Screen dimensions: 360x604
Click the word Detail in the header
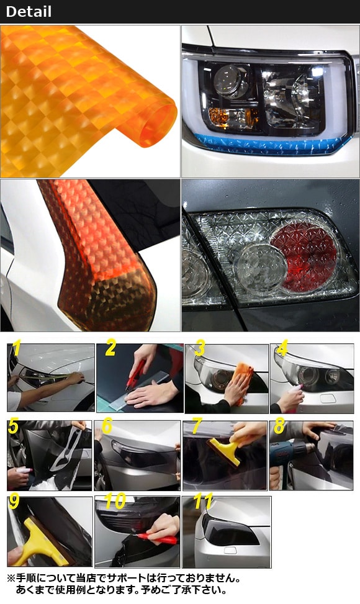coord(29,12)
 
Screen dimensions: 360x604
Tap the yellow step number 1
coord(16,348)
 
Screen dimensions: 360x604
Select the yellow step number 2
coord(110,348)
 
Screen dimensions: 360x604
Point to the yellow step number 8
coord(279,426)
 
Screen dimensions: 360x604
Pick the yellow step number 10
coord(115,501)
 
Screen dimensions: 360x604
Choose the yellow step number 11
coord(203,501)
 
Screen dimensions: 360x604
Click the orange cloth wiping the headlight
coord(243,379)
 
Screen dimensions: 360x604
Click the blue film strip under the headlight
coord(271,143)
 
